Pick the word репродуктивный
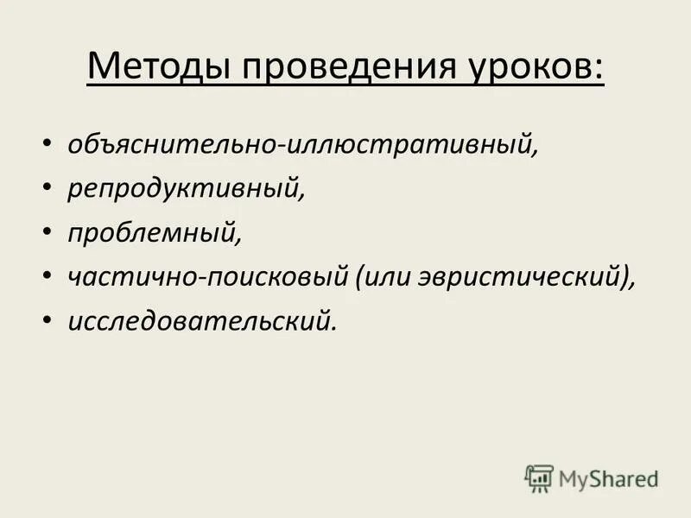[184, 188]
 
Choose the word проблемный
[152, 232]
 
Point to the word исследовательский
[199, 320]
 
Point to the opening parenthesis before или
[358, 277]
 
